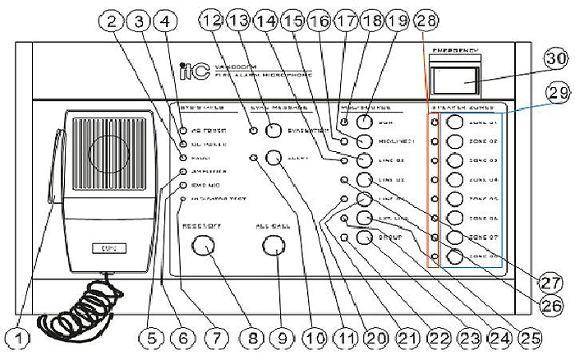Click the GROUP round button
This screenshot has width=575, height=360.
tap(365, 237)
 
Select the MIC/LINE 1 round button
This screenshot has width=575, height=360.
tap(365, 141)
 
